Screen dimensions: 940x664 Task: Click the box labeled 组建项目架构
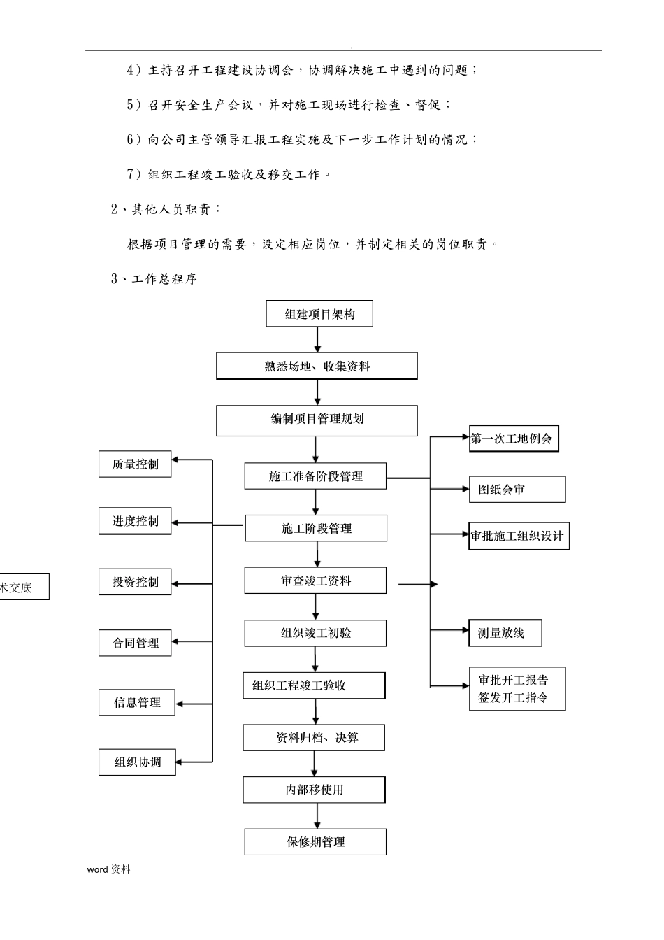319,314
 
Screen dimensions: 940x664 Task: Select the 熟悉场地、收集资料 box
317,366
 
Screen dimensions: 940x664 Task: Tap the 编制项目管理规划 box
317,420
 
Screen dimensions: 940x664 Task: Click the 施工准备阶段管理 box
315,476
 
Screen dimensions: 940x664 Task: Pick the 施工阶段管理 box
316,529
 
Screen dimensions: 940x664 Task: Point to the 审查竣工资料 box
315,581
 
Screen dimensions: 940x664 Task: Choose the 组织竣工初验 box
315,634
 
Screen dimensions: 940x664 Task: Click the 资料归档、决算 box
314,738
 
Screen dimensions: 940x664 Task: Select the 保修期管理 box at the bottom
315,842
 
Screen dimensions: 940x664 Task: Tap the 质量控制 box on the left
135,464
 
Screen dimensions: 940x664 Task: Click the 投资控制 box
135,582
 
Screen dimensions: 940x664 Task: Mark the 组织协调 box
137,762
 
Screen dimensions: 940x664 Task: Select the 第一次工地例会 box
513,439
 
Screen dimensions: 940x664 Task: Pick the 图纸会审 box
517,490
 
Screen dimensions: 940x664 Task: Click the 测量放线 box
505,634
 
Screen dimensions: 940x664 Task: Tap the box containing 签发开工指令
517,689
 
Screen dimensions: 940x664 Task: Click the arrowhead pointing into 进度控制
175,522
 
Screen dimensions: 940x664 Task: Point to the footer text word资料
109,869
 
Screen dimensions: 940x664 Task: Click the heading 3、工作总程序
154,279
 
